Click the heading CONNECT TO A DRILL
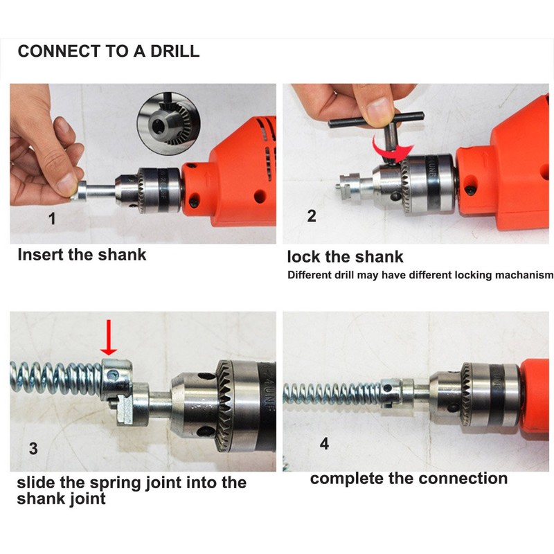(x=108, y=51)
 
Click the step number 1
(x=52, y=220)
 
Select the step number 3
(x=33, y=448)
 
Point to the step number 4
(x=324, y=443)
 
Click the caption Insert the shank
(x=82, y=254)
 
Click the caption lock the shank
(x=345, y=257)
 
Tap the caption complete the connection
(x=409, y=479)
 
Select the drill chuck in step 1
(x=159, y=189)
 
